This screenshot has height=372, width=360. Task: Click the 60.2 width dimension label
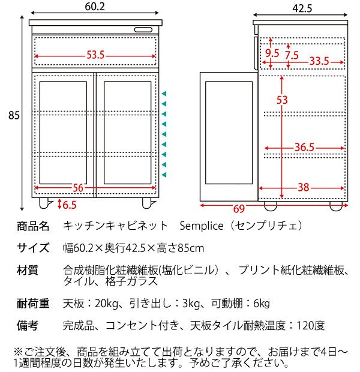coord(95,7)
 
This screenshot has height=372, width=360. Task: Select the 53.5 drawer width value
coord(95,55)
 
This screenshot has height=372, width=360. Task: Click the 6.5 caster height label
coord(69,205)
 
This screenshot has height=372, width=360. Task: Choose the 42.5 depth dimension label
coord(302,8)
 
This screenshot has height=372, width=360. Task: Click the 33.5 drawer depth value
coord(319,61)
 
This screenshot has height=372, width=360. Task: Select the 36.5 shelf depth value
coord(305,148)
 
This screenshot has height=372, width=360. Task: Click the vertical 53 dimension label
coord(282,100)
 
